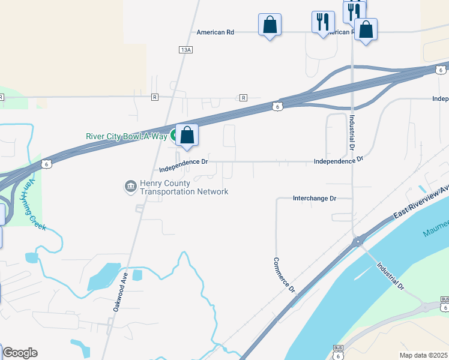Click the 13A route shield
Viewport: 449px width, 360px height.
(185, 50)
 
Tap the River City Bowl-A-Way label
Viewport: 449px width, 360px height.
(126, 136)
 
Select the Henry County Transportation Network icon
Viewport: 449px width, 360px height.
(130, 187)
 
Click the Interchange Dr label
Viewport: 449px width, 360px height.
(314, 198)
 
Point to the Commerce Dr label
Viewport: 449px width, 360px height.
(285, 275)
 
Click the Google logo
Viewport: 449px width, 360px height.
(20, 353)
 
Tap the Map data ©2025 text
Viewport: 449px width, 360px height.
(423, 355)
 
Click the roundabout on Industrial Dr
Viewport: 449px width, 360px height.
(358, 242)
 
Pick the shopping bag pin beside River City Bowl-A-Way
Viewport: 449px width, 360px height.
(187, 136)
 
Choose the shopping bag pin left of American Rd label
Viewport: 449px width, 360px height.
(270, 25)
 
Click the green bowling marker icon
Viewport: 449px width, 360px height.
(173, 136)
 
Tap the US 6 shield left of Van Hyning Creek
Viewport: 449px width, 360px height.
(47, 163)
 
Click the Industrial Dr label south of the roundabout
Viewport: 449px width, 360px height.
(390, 276)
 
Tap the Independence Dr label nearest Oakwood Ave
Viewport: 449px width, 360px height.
(184, 162)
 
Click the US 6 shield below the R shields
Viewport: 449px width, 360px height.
(276, 106)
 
